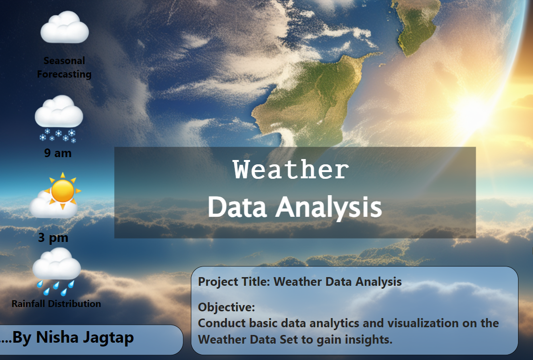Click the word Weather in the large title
click(x=291, y=169)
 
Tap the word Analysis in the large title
click(x=328, y=207)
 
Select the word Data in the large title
click(x=237, y=207)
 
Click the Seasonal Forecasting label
click(x=64, y=67)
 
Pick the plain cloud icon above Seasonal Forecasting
click(x=65, y=27)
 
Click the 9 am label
click(x=58, y=153)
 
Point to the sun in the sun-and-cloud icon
click(x=63, y=191)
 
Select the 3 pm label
click(x=53, y=238)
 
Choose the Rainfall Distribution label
click(x=56, y=304)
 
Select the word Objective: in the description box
click(x=227, y=307)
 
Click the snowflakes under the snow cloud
click(x=57, y=135)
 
